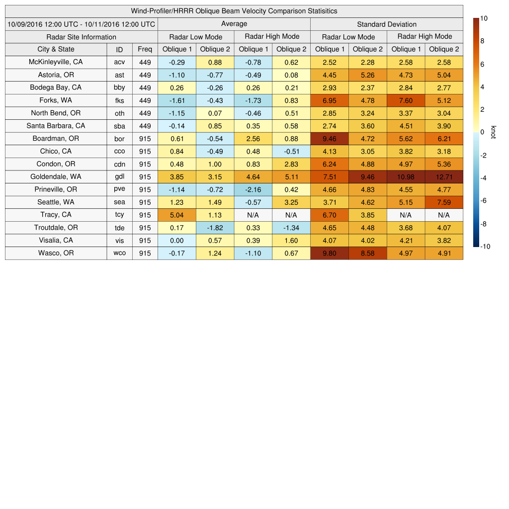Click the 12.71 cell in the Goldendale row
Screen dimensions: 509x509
(444, 176)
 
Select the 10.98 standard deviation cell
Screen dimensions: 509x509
(406, 176)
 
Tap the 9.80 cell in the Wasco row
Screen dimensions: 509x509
(329, 253)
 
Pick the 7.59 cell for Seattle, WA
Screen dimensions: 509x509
(444, 202)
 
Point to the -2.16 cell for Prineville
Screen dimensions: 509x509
(253, 189)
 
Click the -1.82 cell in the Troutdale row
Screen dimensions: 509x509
(215, 228)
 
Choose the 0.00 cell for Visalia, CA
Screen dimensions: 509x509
(176, 241)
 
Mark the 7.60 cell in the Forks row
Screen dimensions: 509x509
(406, 100)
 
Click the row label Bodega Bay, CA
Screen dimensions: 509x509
(56, 87)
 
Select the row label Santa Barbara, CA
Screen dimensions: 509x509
(56, 126)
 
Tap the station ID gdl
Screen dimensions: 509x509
(119, 177)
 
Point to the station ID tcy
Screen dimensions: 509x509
(119, 215)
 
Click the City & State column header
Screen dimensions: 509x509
(56, 49)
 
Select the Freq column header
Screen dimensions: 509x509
(145, 49)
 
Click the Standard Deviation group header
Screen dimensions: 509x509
(387, 24)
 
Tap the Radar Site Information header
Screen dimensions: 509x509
(81, 37)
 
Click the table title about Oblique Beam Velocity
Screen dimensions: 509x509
(234, 11)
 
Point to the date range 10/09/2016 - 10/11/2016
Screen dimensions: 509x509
(81, 24)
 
